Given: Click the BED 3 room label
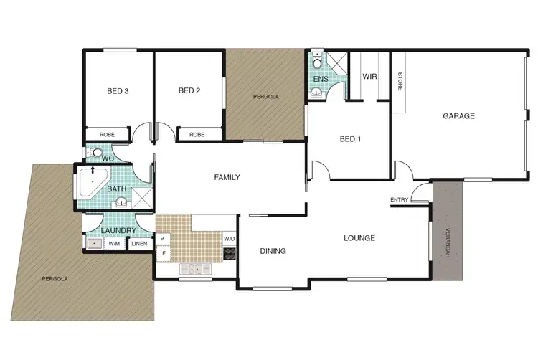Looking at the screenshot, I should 118,91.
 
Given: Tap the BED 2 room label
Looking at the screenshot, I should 189,91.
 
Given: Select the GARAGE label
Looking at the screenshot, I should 459,115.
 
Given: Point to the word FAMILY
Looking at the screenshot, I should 227,178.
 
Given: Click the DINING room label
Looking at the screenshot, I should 273,252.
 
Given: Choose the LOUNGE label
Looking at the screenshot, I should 359,238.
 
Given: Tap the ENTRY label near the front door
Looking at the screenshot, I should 400,199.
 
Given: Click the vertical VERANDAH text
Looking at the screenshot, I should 448,243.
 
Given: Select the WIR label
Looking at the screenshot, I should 370,76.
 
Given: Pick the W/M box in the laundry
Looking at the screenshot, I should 115,244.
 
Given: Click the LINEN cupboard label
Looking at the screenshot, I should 139,244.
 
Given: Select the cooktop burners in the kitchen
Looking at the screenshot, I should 230,252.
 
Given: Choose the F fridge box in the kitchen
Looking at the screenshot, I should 163,253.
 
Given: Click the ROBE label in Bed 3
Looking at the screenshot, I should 107,134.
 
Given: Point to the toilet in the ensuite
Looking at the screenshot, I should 317,57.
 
